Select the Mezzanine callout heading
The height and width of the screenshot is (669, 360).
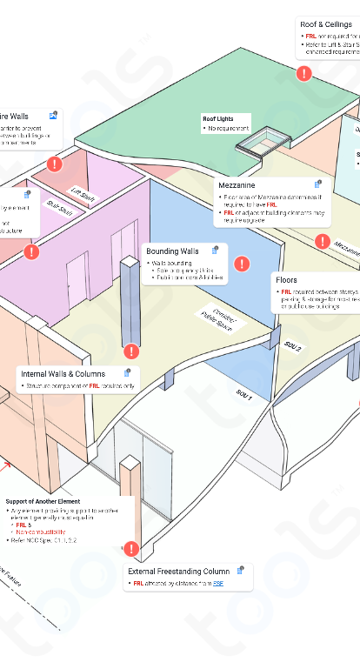pyautogui.click(x=237, y=185)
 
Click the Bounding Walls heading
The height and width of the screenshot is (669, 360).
pyautogui.click(x=172, y=251)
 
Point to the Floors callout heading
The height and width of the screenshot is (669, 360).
pyautogui.click(x=286, y=280)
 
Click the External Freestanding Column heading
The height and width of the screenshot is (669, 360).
pyautogui.click(x=179, y=572)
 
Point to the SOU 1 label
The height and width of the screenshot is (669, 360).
pyautogui.click(x=244, y=396)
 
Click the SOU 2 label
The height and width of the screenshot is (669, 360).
pyautogui.click(x=293, y=345)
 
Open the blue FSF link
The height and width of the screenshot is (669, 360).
pyautogui.click(x=218, y=583)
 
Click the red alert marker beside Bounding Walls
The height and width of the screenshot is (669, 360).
pyautogui.click(x=243, y=263)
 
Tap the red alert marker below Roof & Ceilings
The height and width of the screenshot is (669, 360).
pyautogui.click(x=303, y=74)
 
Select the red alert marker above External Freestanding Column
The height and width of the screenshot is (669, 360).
pyautogui.click(x=131, y=549)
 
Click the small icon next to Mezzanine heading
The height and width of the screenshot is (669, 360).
pyautogui.click(x=318, y=184)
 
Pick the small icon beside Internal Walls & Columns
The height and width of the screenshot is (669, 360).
pyautogui.click(x=128, y=373)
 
